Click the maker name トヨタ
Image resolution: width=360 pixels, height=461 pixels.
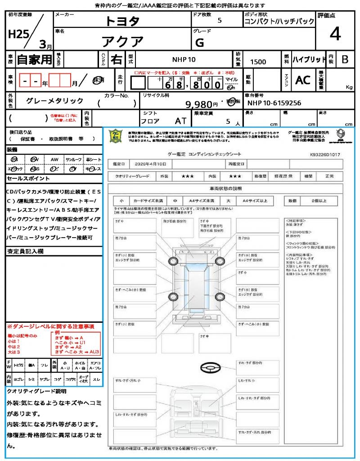[122, 21]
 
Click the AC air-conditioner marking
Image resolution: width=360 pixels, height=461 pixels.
[302, 80]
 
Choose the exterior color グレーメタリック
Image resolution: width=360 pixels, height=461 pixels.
[55, 101]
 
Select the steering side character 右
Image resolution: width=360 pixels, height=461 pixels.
[116, 59]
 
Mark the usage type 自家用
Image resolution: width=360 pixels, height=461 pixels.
[35, 59]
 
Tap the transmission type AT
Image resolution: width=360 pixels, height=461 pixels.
[181, 121]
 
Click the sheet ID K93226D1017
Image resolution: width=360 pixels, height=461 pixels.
[325, 154]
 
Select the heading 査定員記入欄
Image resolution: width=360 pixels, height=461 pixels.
[25, 251]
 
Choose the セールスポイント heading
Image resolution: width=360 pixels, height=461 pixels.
[23, 179]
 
